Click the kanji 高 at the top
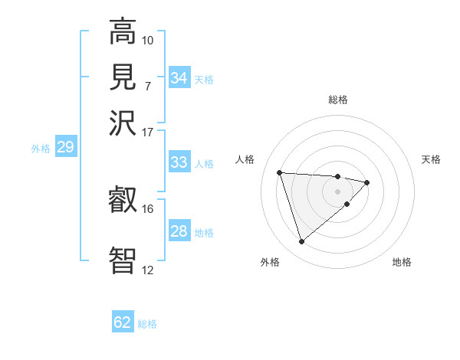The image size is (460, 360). [x=123, y=32]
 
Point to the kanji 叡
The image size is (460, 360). [x=123, y=201]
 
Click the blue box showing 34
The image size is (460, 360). [x=179, y=78]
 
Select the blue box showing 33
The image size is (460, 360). [x=179, y=162]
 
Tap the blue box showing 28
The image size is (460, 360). [x=179, y=231]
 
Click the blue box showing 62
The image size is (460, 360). [x=123, y=322]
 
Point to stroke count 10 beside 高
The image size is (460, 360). [x=148, y=40]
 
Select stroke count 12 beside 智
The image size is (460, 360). [x=148, y=270]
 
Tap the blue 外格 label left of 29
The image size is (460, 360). [x=41, y=149]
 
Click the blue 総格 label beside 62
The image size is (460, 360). [x=147, y=324]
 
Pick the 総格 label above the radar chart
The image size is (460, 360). [x=338, y=100]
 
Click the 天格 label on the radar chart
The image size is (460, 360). [x=432, y=159]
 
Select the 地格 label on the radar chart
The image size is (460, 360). [x=402, y=263]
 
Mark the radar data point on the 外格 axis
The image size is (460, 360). [x=301, y=242]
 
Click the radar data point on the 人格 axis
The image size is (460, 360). [x=280, y=172]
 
